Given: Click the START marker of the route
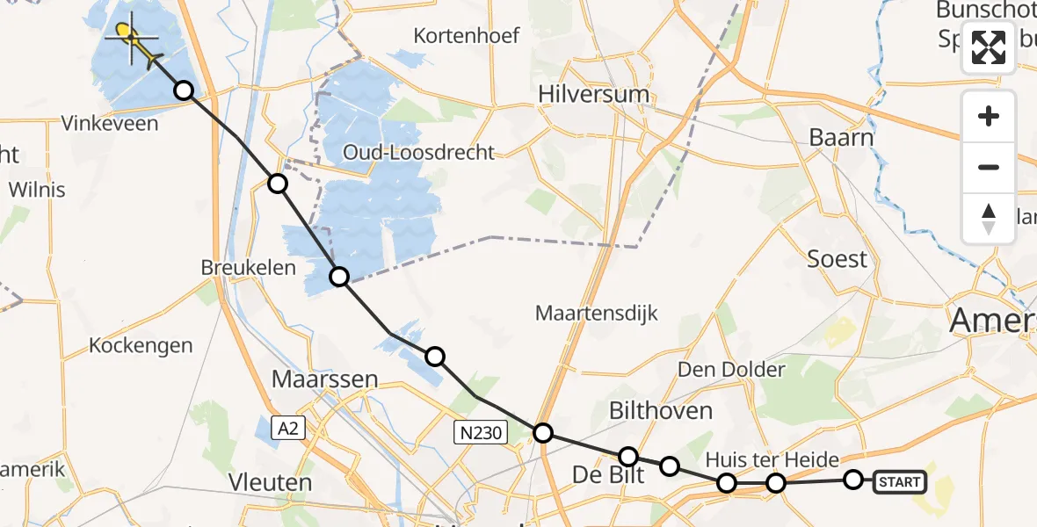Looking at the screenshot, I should (900, 481).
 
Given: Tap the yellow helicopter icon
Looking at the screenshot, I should (133, 40).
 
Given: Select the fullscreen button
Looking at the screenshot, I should (989, 47).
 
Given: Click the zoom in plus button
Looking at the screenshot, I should (989, 116).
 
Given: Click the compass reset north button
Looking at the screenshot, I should (989, 218).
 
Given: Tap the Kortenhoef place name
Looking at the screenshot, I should (468, 36).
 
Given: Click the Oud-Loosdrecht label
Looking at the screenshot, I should (418, 151).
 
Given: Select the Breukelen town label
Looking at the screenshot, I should (249, 268).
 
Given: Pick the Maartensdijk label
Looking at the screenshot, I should (597, 313).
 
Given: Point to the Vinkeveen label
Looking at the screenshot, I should (110, 123).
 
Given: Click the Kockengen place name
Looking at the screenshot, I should (141, 345).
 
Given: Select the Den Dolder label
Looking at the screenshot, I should (731, 369).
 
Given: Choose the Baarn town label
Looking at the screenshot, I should (841, 138).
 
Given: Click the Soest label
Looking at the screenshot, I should (838, 259).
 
